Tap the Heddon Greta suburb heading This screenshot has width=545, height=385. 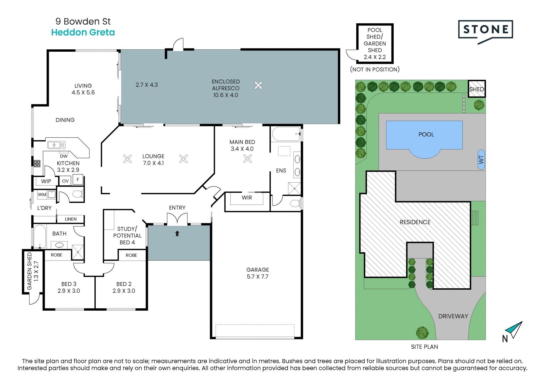(x=83, y=32)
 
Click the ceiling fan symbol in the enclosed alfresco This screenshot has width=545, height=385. (x=258, y=85)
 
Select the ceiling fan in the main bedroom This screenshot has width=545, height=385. (x=248, y=159)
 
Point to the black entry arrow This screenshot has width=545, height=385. (x=177, y=233)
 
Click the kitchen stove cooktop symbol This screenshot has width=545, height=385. (x=37, y=163)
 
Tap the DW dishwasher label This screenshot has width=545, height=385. (x=64, y=156)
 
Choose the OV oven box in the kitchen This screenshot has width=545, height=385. (x=65, y=181)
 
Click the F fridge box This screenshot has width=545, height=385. (x=78, y=180)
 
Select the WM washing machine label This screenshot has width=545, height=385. (x=42, y=195)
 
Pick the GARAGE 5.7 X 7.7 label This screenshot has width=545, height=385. (x=257, y=273)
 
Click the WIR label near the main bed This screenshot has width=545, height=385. (x=247, y=197)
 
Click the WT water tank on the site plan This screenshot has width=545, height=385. (x=481, y=160)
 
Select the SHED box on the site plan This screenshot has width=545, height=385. (x=477, y=89)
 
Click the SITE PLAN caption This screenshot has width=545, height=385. (x=424, y=347)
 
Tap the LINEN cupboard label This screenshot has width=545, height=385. (x=71, y=219)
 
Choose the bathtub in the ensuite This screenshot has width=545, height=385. (x=286, y=134)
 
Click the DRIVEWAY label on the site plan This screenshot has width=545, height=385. (x=453, y=316)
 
